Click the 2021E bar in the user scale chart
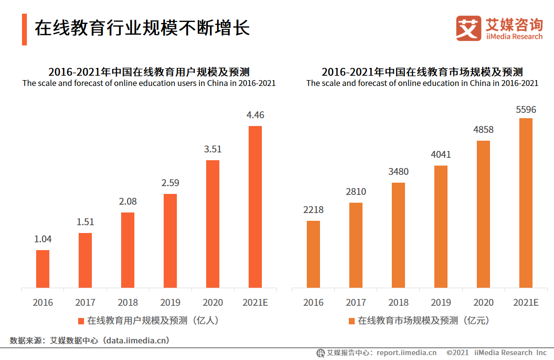pos(255,207)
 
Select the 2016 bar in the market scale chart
pos(313,254)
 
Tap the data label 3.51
pos(213,149)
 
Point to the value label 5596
pos(526,110)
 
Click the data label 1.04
pos(43,239)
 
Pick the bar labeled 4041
pos(441,227)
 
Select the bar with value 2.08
pos(128,250)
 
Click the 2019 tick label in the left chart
pos(170,302)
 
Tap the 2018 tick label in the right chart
pos(398,302)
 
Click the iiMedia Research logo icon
pos(468,28)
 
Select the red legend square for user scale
pos(81,321)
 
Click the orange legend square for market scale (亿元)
pos(351,321)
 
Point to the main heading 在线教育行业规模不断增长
pos(142,28)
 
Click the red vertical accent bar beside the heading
pos(24,29)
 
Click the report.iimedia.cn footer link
pos(406,353)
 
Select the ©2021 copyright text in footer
pos(458,353)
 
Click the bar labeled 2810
pos(356,245)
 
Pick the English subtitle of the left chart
pos(149,83)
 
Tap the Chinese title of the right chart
pos(422,72)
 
